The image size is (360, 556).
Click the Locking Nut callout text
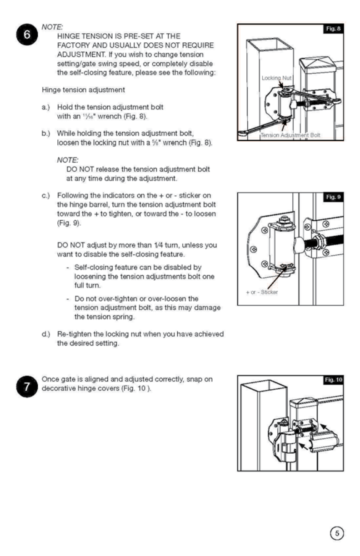pyautogui.click(x=276, y=78)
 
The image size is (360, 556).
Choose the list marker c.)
pyautogui.click(x=45, y=196)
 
